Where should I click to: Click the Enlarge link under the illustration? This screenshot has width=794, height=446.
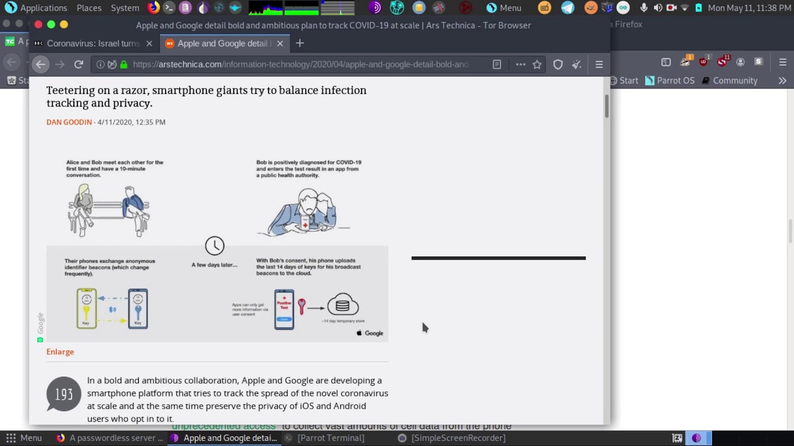pyautogui.click(x=60, y=352)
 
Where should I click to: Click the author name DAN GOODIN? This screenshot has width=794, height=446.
pyautogui.click(x=69, y=122)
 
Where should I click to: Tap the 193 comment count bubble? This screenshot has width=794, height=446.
pyautogui.click(x=64, y=395)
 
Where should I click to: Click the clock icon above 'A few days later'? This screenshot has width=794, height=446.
pyautogui.click(x=215, y=246)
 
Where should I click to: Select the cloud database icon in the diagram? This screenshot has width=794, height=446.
pyautogui.click(x=342, y=305)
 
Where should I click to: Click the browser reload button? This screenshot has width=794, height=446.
pyautogui.click(x=79, y=64)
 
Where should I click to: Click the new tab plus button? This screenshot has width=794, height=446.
pyautogui.click(x=300, y=43)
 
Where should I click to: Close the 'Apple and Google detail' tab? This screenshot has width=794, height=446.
pyautogui.click(x=280, y=43)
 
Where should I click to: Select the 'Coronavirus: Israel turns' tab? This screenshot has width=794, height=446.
pyautogui.click(x=93, y=43)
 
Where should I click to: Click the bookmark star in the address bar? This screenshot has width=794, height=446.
pyautogui.click(x=537, y=64)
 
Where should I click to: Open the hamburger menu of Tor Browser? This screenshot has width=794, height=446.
pyautogui.click(x=599, y=64)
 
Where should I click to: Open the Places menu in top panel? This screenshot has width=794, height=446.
pyautogui.click(x=89, y=8)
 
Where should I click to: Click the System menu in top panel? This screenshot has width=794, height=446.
pyautogui.click(x=125, y=8)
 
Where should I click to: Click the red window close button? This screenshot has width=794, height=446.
pyautogui.click(x=38, y=25)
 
